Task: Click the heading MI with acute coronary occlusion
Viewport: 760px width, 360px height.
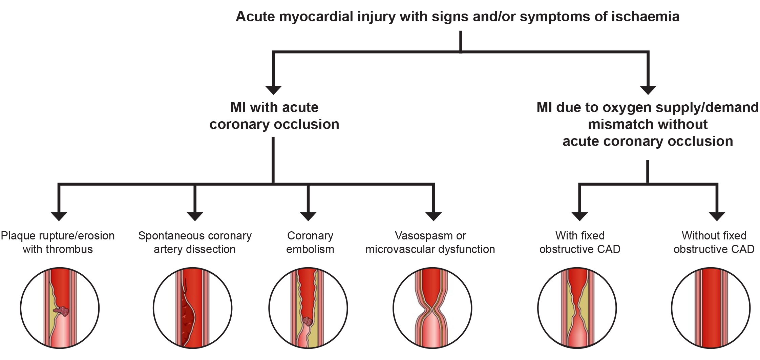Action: click(x=274, y=116)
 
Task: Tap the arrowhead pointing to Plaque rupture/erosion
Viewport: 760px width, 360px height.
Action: click(x=59, y=216)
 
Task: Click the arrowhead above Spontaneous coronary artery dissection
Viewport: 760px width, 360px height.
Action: click(x=195, y=216)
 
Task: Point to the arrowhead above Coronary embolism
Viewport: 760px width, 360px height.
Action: click(x=308, y=216)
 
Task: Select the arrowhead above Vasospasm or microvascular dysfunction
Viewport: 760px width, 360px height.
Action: click(x=434, y=216)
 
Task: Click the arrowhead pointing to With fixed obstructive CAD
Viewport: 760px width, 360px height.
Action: click(x=579, y=216)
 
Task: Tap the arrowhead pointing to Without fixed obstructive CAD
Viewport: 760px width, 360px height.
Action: click(x=717, y=216)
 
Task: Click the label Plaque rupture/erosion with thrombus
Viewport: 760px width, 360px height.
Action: click(x=58, y=242)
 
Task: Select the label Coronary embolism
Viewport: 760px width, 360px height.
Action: click(x=310, y=242)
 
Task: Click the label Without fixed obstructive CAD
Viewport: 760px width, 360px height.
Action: click(x=714, y=242)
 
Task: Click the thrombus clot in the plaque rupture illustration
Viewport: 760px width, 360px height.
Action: click(x=63, y=311)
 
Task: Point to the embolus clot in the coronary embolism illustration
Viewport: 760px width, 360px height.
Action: click(x=308, y=321)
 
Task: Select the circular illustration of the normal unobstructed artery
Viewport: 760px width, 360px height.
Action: click(x=711, y=308)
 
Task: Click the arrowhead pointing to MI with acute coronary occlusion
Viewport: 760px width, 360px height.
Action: click(x=273, y=90)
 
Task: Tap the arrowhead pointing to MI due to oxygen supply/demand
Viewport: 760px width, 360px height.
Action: click(x=648, y=90)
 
